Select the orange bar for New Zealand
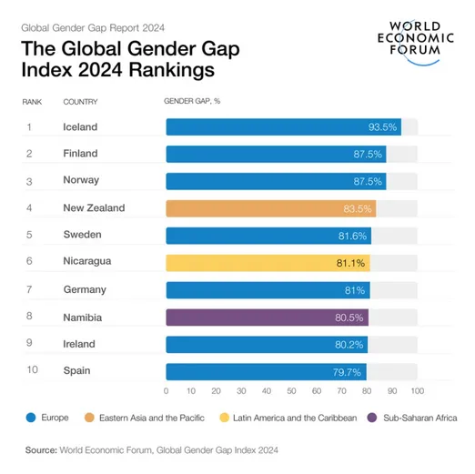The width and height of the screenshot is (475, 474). pos(270,208)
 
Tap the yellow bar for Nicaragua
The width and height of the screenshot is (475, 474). pos(268,263)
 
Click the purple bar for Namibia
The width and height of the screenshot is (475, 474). pos(267,317)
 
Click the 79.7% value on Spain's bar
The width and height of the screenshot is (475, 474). pos(349,371)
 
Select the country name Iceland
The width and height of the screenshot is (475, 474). pos(80,127)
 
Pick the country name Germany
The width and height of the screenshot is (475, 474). pos(85,290)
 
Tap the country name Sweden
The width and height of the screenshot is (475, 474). pos(82,236)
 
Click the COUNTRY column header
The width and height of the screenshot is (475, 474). pos(80,102)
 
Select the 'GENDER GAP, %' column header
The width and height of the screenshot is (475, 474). pos(192,102)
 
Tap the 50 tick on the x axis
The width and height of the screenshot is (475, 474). pos(291,391)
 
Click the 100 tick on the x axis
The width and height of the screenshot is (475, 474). pos(417,391)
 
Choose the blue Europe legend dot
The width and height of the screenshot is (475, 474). pos(31,418)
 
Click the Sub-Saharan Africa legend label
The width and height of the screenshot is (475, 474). pos(420,418)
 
